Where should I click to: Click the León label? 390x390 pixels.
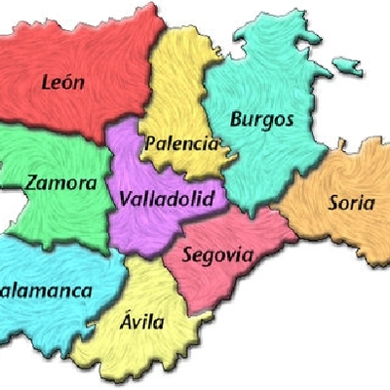pos(64,82)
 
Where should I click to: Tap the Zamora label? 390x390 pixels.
pos(61,182)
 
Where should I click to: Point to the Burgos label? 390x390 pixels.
pos(261,120)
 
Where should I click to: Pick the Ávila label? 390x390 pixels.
pos(143,322)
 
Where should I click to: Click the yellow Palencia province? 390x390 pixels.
pos(180,88)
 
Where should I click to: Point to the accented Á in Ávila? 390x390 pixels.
pos(127,320)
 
